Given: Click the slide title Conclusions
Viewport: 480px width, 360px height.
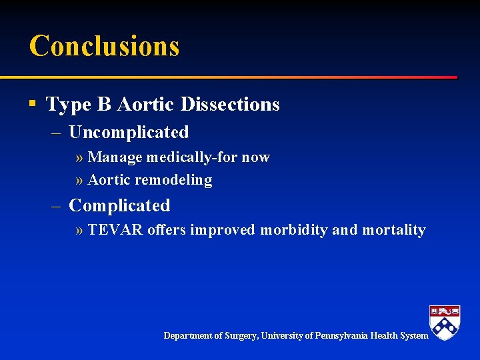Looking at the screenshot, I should click(104, 46).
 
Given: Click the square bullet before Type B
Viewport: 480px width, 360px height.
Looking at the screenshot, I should click(32, 103).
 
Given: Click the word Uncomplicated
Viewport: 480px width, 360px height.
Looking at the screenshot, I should click(129, 133).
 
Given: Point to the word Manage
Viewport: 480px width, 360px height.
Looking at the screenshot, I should click(116, 158).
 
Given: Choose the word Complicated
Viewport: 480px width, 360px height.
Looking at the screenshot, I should click(119, 206).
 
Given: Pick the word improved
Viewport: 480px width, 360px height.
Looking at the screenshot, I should click(223, 231).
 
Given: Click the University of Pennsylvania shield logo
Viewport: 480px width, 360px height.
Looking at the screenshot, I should click(445, 322).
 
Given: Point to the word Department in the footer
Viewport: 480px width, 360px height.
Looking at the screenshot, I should click(189, 336).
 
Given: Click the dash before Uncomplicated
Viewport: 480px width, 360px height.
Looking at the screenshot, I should click(57, 133).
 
